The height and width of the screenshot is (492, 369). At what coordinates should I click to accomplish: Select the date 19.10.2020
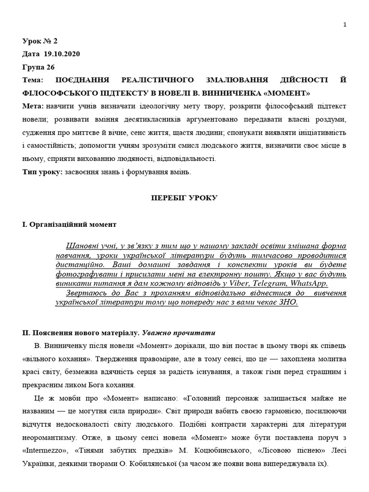[x=61, y=54]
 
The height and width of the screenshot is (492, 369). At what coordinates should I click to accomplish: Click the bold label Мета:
[x=33, y=106]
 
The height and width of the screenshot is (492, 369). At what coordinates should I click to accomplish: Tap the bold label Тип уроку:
[x=42, y=172]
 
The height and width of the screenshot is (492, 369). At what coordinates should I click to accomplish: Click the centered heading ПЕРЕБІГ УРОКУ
[x=184, y=198]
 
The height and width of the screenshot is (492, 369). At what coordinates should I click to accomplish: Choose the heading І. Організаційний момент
[x=69, y=224]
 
